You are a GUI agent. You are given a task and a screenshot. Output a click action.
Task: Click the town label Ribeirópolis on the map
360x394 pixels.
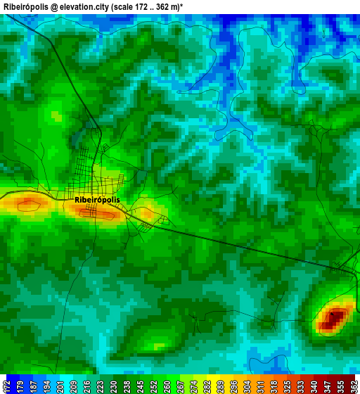tap(97, 200)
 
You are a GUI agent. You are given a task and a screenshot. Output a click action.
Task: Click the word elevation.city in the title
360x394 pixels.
tap(86, 6)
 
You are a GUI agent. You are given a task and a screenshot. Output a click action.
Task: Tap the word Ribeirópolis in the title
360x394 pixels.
tap(25, 6)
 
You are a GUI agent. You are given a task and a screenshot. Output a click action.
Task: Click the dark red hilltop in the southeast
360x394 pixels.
tap(333, 319)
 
